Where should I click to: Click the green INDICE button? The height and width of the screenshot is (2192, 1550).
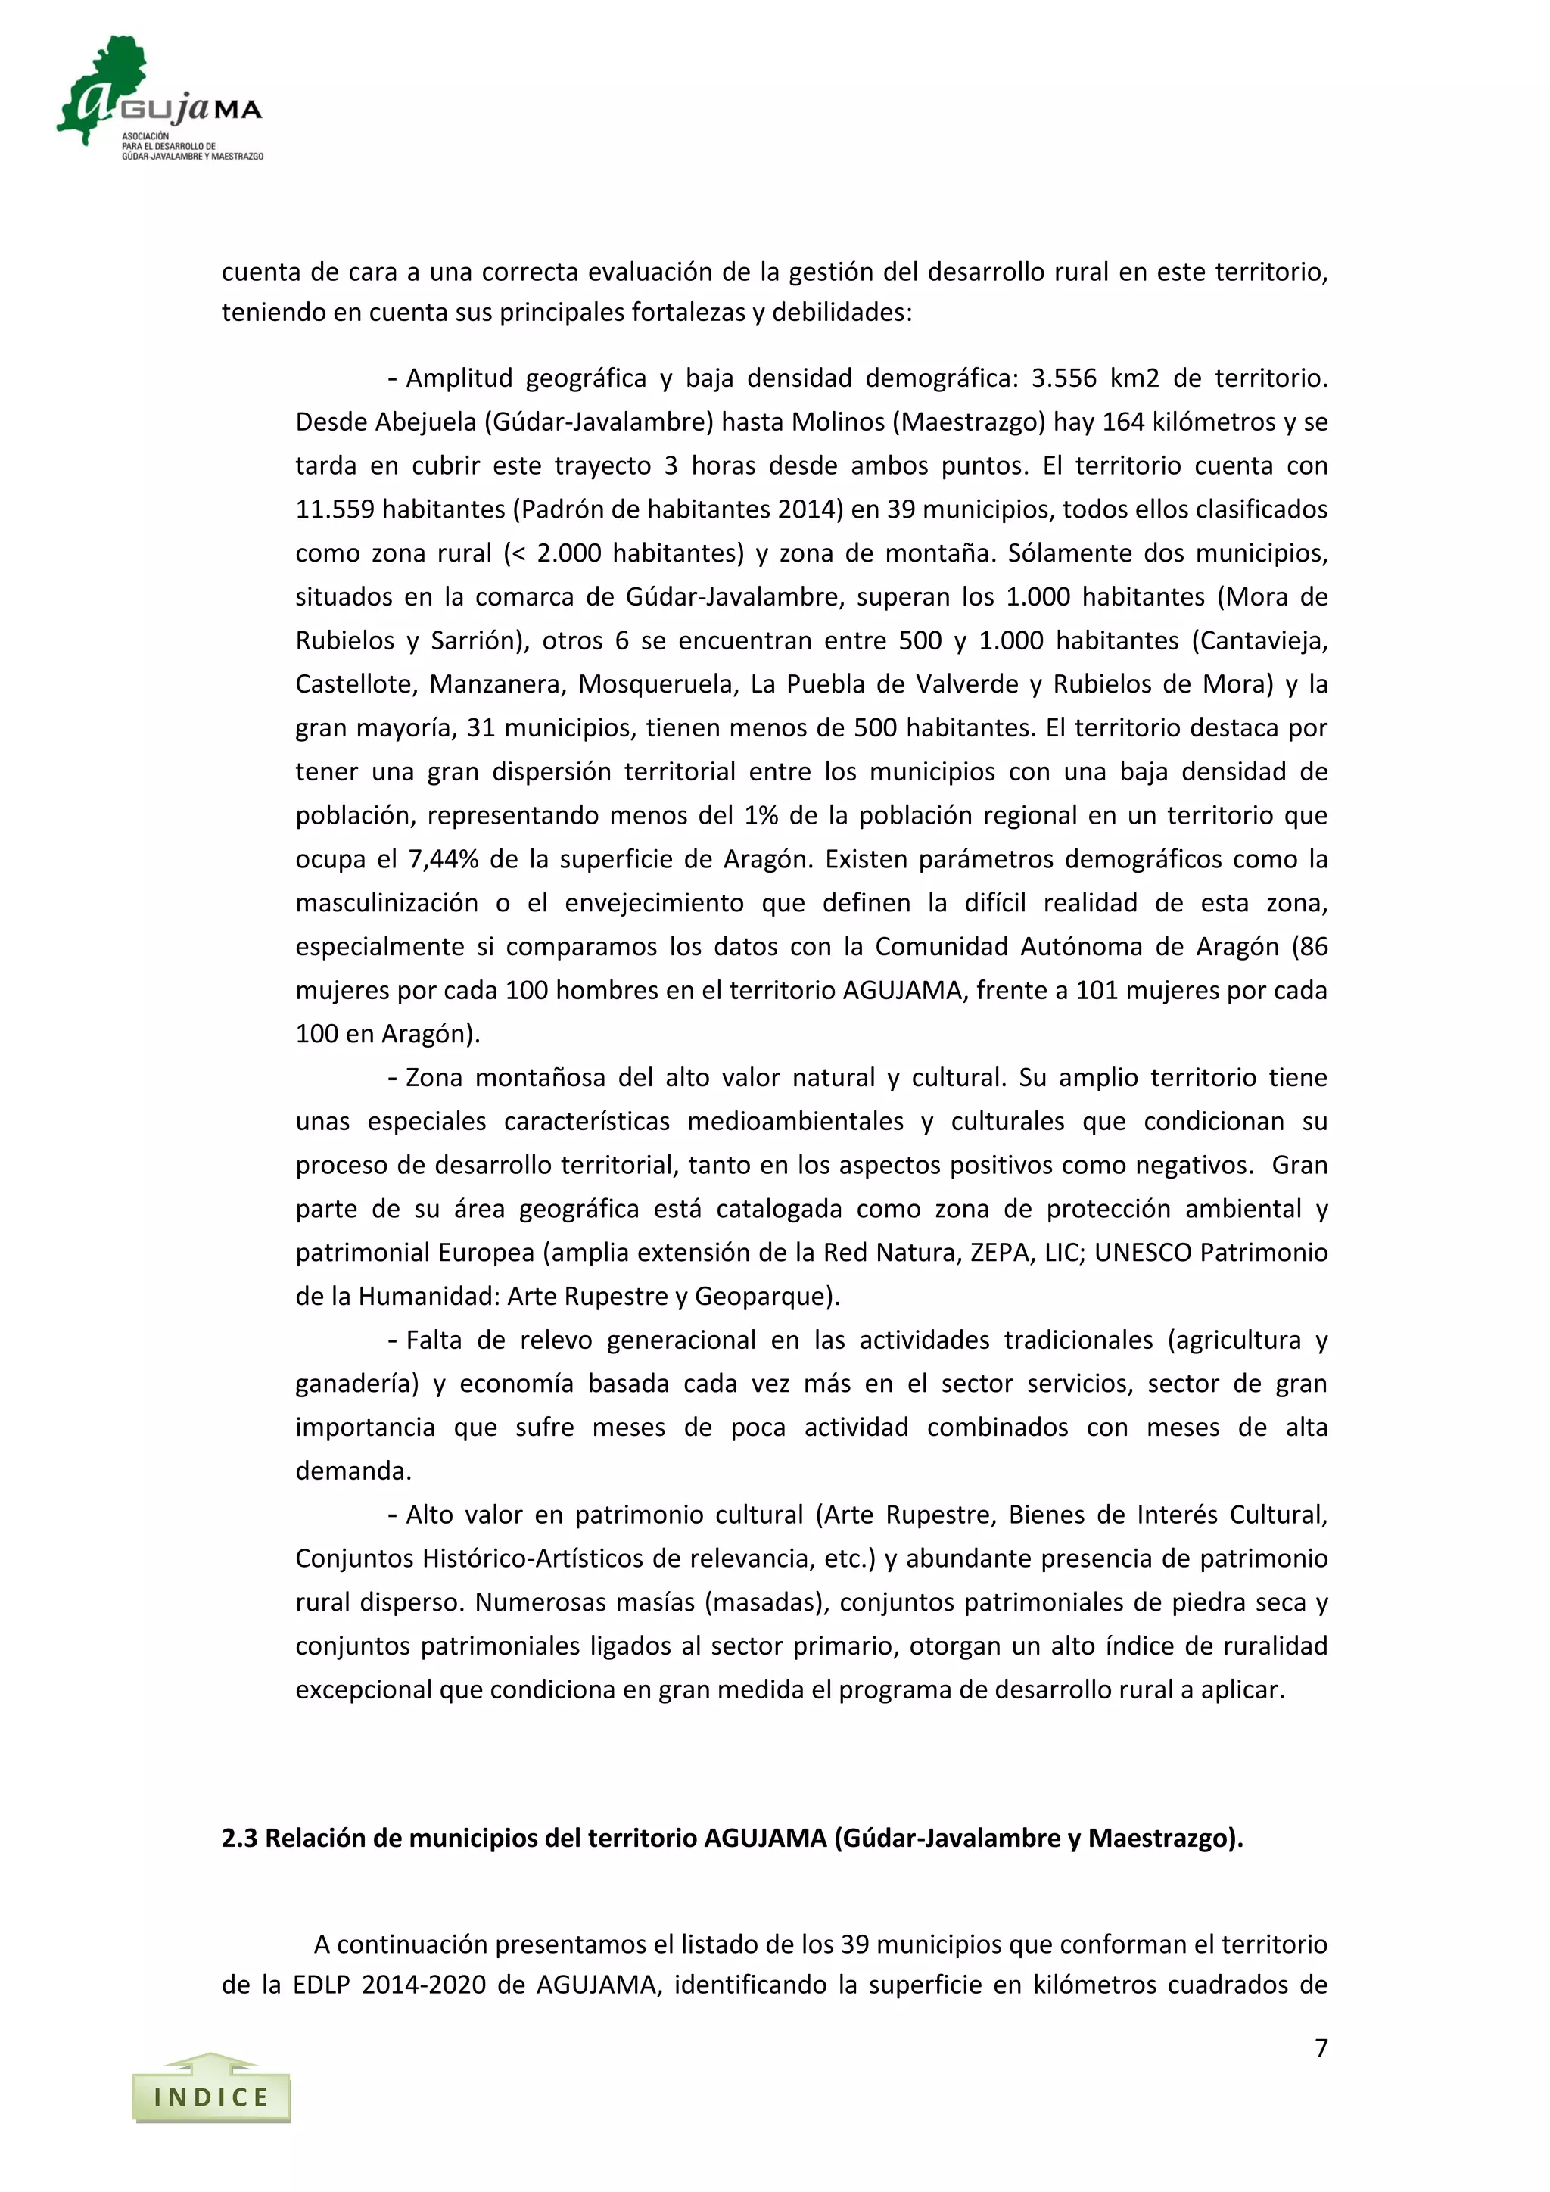pyautogui.click(x=211, y=2097)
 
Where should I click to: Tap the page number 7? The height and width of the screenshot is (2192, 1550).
pyautogui.click(x=1321, y=2048)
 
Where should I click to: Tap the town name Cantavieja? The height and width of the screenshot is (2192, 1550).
pyautogui.click(x=1262, y=640)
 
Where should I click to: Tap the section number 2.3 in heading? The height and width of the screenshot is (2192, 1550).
pyautogui.click(x=240, y=1838)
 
